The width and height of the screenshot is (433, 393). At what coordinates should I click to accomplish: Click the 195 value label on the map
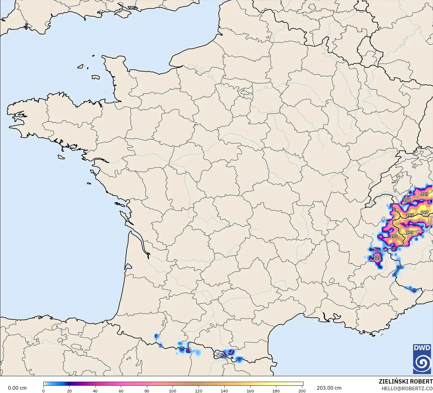[394, 236]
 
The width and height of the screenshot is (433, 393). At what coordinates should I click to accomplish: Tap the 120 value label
[377, 257]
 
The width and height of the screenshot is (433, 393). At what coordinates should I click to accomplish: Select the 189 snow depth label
[425, 194]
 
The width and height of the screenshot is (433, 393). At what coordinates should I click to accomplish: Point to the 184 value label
[407, 200]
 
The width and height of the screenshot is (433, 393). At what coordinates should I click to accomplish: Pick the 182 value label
[410, 215]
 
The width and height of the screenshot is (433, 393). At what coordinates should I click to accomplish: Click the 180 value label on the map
[424, 213]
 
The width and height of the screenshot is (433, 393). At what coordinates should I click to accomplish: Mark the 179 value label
[410, 232]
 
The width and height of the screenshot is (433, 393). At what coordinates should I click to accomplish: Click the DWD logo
[422, 359]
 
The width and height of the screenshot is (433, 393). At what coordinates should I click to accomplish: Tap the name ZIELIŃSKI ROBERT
[405, 381]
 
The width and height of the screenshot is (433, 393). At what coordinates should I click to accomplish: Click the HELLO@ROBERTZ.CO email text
[407, 388]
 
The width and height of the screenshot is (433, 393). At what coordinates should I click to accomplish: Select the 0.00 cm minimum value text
[17, 388]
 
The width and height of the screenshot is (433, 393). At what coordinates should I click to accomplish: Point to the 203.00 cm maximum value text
[329, 388]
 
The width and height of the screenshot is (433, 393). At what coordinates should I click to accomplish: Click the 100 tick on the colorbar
[173, 391]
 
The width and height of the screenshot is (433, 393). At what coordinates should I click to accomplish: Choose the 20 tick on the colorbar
[69, 391]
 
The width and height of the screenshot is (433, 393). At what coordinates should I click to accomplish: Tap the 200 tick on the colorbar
[302, 391]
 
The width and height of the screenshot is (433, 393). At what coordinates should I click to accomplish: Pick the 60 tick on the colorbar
[121, 391]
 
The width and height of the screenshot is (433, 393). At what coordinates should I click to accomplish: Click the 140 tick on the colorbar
[224, 391]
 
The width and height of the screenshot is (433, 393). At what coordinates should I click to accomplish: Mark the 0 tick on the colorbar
[43, 391]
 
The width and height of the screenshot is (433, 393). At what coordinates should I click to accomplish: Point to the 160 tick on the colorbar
[250, 391]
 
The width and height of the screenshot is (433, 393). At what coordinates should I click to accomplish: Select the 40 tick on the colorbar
[95, 391]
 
